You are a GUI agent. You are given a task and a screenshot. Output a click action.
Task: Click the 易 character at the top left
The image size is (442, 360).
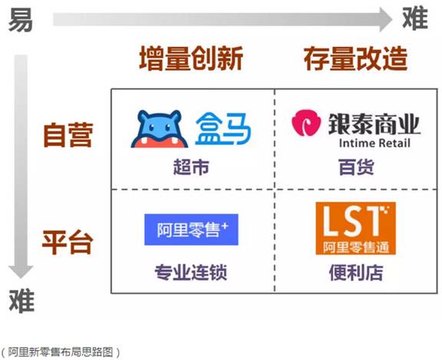[x=20, y=20]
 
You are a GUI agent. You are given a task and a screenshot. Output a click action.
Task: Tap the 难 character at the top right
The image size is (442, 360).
[x=415, y=18]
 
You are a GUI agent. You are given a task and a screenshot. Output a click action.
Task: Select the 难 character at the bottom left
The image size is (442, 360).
[x=21, y=301]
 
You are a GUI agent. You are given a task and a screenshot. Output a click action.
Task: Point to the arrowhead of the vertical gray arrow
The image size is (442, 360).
[x=21, y=272]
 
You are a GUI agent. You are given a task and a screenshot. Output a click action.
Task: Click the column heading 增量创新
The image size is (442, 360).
[x=191, y=58]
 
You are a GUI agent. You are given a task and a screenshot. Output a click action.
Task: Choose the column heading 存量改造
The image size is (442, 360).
[x=355, y=58]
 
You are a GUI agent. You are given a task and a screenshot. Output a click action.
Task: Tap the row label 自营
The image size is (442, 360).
[x=68, y=135]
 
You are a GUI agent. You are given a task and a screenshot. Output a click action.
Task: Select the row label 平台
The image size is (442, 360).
[x=68, y=242]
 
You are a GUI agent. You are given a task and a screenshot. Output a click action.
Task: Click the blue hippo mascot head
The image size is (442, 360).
[x=160, y=129]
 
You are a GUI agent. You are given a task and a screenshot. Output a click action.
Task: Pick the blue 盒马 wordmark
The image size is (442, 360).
[x=223, y=128]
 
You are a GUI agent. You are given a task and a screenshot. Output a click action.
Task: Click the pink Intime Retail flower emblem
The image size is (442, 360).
[x=306, y=123]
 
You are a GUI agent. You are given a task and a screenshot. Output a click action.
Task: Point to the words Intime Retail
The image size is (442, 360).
[x=374, y=143]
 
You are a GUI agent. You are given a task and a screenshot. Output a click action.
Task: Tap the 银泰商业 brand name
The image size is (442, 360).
[x=374, y=124]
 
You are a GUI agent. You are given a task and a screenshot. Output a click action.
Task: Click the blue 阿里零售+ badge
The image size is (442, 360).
[x=191, y=230]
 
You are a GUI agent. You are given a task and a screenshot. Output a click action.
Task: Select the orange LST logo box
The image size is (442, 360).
[x=356, y=228]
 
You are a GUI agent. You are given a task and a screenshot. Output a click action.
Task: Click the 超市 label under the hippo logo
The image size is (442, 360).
[x=191, y=167]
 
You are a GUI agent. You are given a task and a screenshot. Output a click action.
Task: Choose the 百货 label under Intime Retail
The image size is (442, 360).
[x=356, y=167]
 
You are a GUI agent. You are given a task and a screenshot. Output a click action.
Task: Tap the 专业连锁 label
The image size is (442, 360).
[x=191, y=272]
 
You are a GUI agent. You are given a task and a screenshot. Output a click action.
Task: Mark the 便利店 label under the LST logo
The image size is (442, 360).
[x=356, y=272]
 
